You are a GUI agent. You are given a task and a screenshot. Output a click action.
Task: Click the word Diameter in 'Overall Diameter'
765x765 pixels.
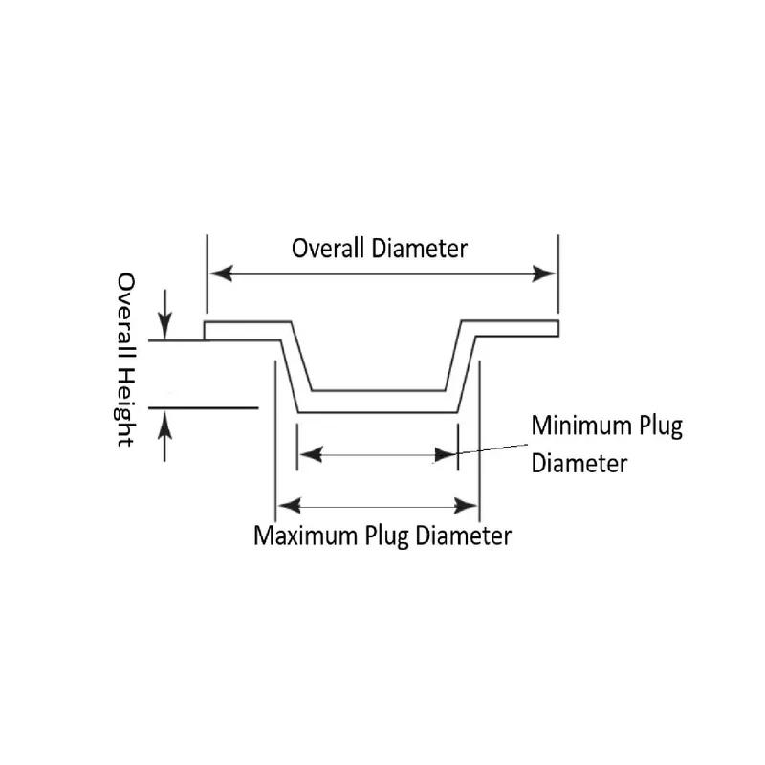click(x=420, y=249)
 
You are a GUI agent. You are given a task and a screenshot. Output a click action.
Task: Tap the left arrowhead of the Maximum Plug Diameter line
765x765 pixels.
click(x=286, y=505)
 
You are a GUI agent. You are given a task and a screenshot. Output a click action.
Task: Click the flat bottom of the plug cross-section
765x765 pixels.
click(x=379, y=402)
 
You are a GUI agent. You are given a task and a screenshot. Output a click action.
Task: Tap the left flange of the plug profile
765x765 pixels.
click(x=244, y=331)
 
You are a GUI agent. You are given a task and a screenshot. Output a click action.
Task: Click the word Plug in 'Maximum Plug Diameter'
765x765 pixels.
click(x=386, y=535)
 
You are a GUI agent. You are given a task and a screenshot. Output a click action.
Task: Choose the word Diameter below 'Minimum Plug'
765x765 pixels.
click(x=579, y=464)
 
